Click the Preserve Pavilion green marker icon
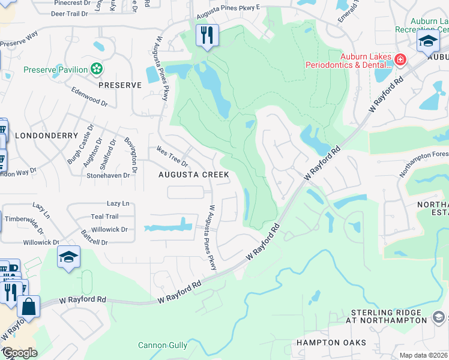(x=95, y=70)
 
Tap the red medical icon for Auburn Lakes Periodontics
(x=400, y=59)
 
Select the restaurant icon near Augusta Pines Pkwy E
(x=207, y=35)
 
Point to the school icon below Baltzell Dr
(x=68, y=257)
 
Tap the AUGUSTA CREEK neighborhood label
(x=193, y=175)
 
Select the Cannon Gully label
(x=163, y=345)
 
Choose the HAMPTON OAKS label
(x=331, y=343)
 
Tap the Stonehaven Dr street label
(x=108, y=176)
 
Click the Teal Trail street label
(x=104, y=217)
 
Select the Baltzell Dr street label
(x=92, y=242)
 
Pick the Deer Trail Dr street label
(x=74, y=13)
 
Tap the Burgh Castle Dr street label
(x=81, y=145)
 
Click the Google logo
(x=20, y=352)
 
